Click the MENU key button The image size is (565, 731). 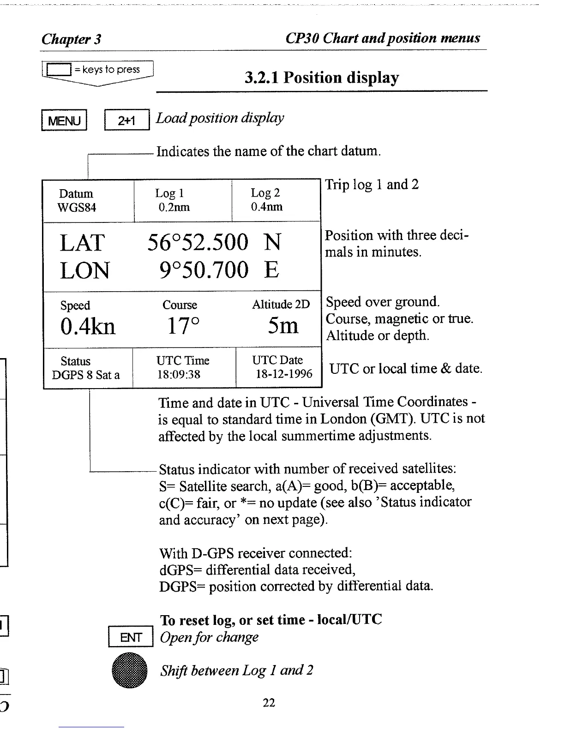(64, 121)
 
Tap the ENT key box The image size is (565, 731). (131, 637)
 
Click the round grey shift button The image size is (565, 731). (130, 671)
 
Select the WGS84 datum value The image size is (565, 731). (77, 208)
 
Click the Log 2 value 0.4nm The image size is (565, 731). (267, 207)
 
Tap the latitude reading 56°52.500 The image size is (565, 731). (198, 242)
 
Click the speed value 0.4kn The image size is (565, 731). (88, 326)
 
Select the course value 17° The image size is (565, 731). (183, 326)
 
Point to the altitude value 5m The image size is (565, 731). (283, 326)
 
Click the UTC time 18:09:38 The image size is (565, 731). (179, 374)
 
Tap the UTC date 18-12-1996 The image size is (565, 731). (284, 374)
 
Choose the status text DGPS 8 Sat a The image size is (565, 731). (86, 375)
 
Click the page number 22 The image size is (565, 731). (269, 703)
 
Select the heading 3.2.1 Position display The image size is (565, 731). (322, 78)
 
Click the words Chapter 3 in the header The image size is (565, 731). (72, 39)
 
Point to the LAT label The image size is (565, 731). (83, 243)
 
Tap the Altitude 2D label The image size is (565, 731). (281, 305)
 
